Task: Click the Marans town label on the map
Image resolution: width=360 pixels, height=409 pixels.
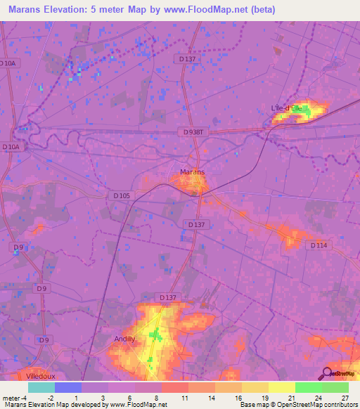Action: [x=192, y=171]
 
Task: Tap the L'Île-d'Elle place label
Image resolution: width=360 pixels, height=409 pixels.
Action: [x=287, y=108]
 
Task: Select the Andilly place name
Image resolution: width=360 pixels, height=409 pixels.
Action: [x=124, y=338]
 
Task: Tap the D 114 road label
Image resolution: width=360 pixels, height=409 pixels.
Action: [x=319, y=245]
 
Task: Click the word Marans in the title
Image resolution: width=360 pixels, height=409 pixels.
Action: [x=27, y=10]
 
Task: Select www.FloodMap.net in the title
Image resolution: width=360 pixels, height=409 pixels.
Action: [x=203, y=10]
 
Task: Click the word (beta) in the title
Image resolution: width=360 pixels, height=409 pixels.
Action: [x=259, y=10]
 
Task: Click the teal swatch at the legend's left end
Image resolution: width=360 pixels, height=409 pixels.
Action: [x=41, y=387]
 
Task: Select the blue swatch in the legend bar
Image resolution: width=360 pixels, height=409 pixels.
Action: [x=68, y=387]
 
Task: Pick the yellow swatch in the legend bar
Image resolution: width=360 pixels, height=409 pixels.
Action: [x=282, y=387]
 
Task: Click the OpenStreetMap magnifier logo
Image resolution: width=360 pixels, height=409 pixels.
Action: [x=327, y=372]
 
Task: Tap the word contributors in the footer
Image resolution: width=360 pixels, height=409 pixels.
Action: [x=340, y=405]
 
